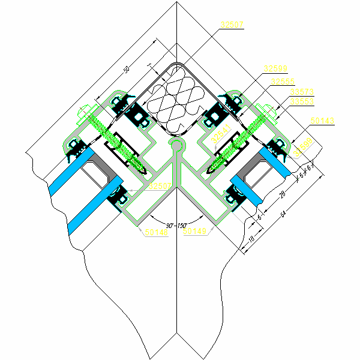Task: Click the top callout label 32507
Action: (x=232, y=25)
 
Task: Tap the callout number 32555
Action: (x=282, y=82)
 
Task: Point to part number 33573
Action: (x=301, y=92)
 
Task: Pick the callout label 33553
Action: (x=301, y=101)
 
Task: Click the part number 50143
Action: (x=323, y=121)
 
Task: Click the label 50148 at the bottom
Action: (x=157, y=231)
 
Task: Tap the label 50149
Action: (x=195, y=231)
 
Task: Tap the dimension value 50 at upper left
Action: (x=126, y=70)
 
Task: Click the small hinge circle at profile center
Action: (x=176, y=144)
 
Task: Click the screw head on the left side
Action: (x=85, y=111)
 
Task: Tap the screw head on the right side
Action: (x=268, y=111)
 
